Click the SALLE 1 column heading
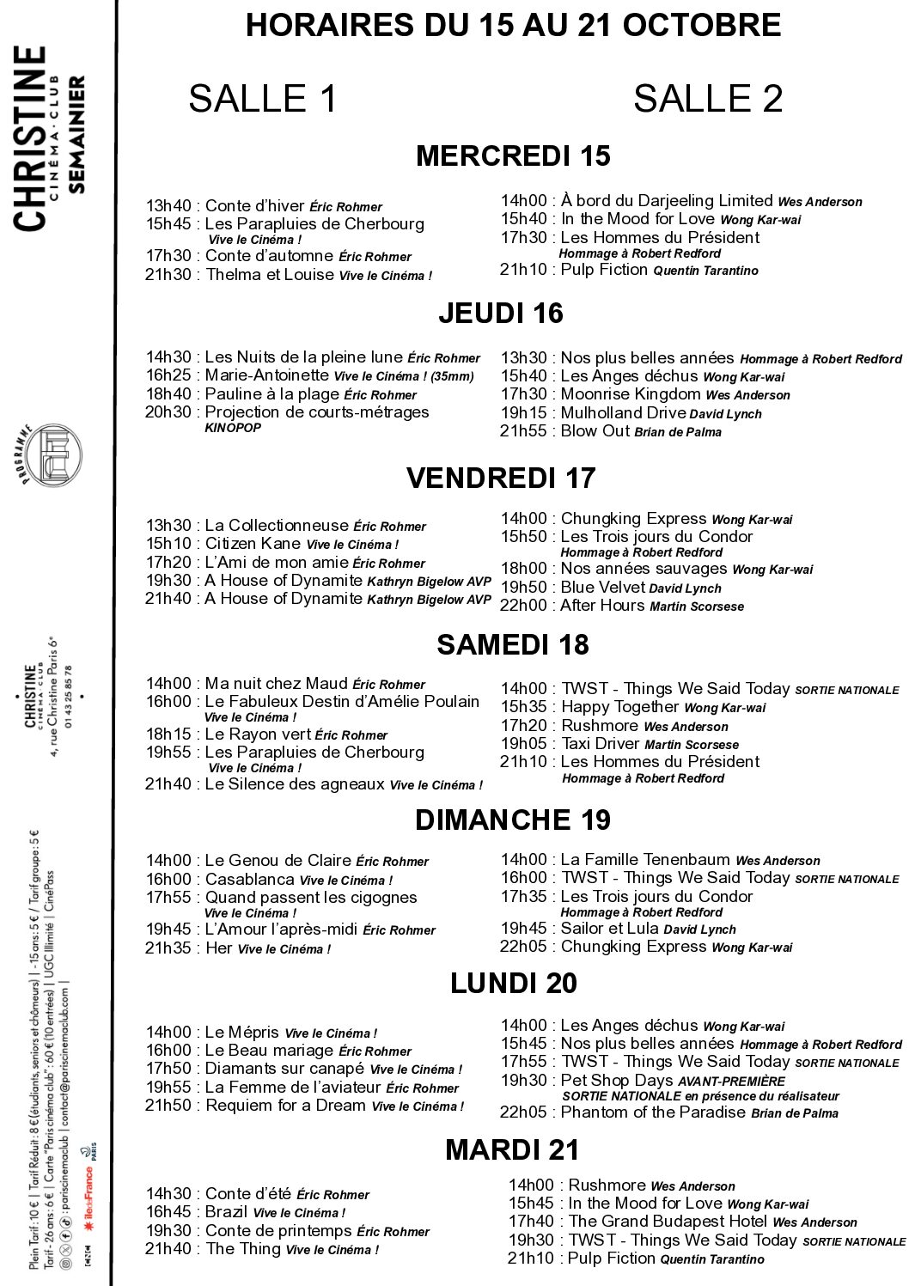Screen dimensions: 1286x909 262,99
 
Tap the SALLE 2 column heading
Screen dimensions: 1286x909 708,99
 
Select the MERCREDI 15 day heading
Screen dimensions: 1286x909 513,156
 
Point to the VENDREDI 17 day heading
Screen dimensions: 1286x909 501,478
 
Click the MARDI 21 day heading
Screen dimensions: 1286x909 512,1149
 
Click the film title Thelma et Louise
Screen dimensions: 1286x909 270,275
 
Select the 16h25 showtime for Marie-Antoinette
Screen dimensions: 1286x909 168,375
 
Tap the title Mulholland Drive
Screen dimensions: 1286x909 623,413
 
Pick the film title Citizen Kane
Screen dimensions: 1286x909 253,544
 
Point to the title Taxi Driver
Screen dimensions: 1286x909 600,744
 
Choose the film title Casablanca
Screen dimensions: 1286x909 249,880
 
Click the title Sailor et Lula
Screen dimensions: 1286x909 609,929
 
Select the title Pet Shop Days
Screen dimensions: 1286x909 617,1081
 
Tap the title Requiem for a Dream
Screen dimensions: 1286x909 285,1106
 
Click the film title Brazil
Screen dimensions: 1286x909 226,1212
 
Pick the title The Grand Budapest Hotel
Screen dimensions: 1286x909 668,1222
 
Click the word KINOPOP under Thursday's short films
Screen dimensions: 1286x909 233,428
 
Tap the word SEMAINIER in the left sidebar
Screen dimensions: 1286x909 76,134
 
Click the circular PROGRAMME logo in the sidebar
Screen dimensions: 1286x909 52,454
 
